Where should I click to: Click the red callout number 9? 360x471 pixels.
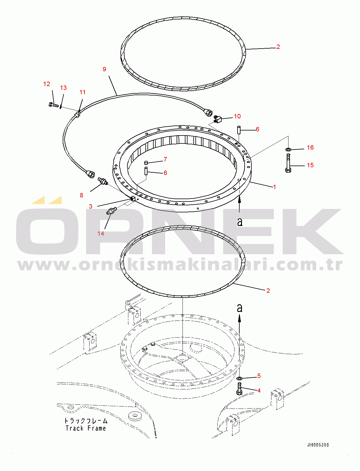104,69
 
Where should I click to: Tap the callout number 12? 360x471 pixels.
47,84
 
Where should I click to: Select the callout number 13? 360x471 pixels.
63,88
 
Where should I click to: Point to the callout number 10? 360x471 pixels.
237,116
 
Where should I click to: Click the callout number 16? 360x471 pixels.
310,147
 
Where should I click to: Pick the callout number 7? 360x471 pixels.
165,159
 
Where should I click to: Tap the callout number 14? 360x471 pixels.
101,234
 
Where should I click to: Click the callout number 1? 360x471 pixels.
274,187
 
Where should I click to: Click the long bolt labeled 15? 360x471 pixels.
288,163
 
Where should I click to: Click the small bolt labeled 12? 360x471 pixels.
53,105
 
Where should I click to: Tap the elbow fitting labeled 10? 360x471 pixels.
218,119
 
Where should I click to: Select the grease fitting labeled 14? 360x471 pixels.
111,210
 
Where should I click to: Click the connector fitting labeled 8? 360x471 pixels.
103,181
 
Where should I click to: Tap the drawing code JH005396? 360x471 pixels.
318,445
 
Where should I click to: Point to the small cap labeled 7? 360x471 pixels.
146,162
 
